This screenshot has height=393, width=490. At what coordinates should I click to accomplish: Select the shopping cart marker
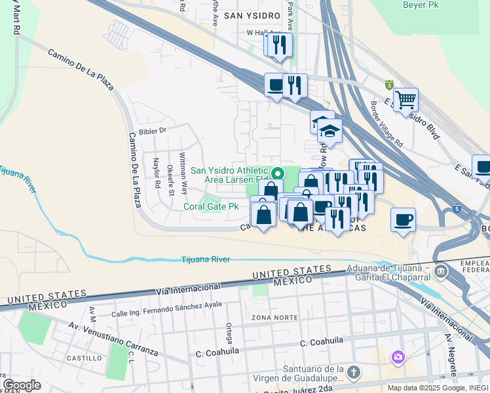(406, 100)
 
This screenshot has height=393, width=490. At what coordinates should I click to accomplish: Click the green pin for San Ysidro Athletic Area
(278, 174)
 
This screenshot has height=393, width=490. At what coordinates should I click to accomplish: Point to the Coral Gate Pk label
(211, 206)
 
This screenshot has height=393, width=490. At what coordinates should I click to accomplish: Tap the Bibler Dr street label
(153, 130)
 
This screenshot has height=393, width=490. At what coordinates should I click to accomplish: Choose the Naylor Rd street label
(157, 173)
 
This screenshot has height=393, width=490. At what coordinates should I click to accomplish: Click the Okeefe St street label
(170, 180)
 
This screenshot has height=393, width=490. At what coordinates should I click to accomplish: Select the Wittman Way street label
(184, 174)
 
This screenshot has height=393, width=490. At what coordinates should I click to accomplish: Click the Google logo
(22, 385)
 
